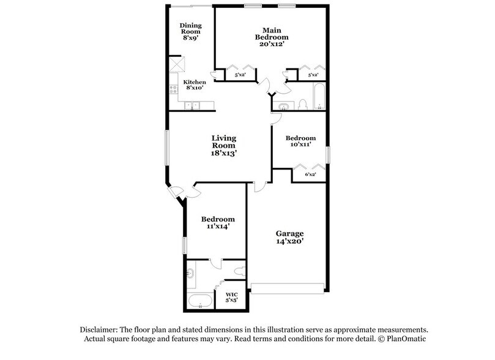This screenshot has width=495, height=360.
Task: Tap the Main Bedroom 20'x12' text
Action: point(271,34)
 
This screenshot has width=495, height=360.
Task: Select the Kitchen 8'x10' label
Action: point(195,85)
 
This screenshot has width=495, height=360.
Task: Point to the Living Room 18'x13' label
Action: point(224,146)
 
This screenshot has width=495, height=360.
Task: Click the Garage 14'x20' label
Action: point(289,238)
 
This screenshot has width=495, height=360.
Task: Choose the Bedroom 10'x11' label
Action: point(300,141)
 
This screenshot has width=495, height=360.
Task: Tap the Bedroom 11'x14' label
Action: point(218,223)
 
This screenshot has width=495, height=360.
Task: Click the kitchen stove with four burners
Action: point(173,92)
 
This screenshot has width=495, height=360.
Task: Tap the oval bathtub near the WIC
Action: point(199,301)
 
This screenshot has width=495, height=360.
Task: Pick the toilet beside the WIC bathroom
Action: point(239,269)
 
